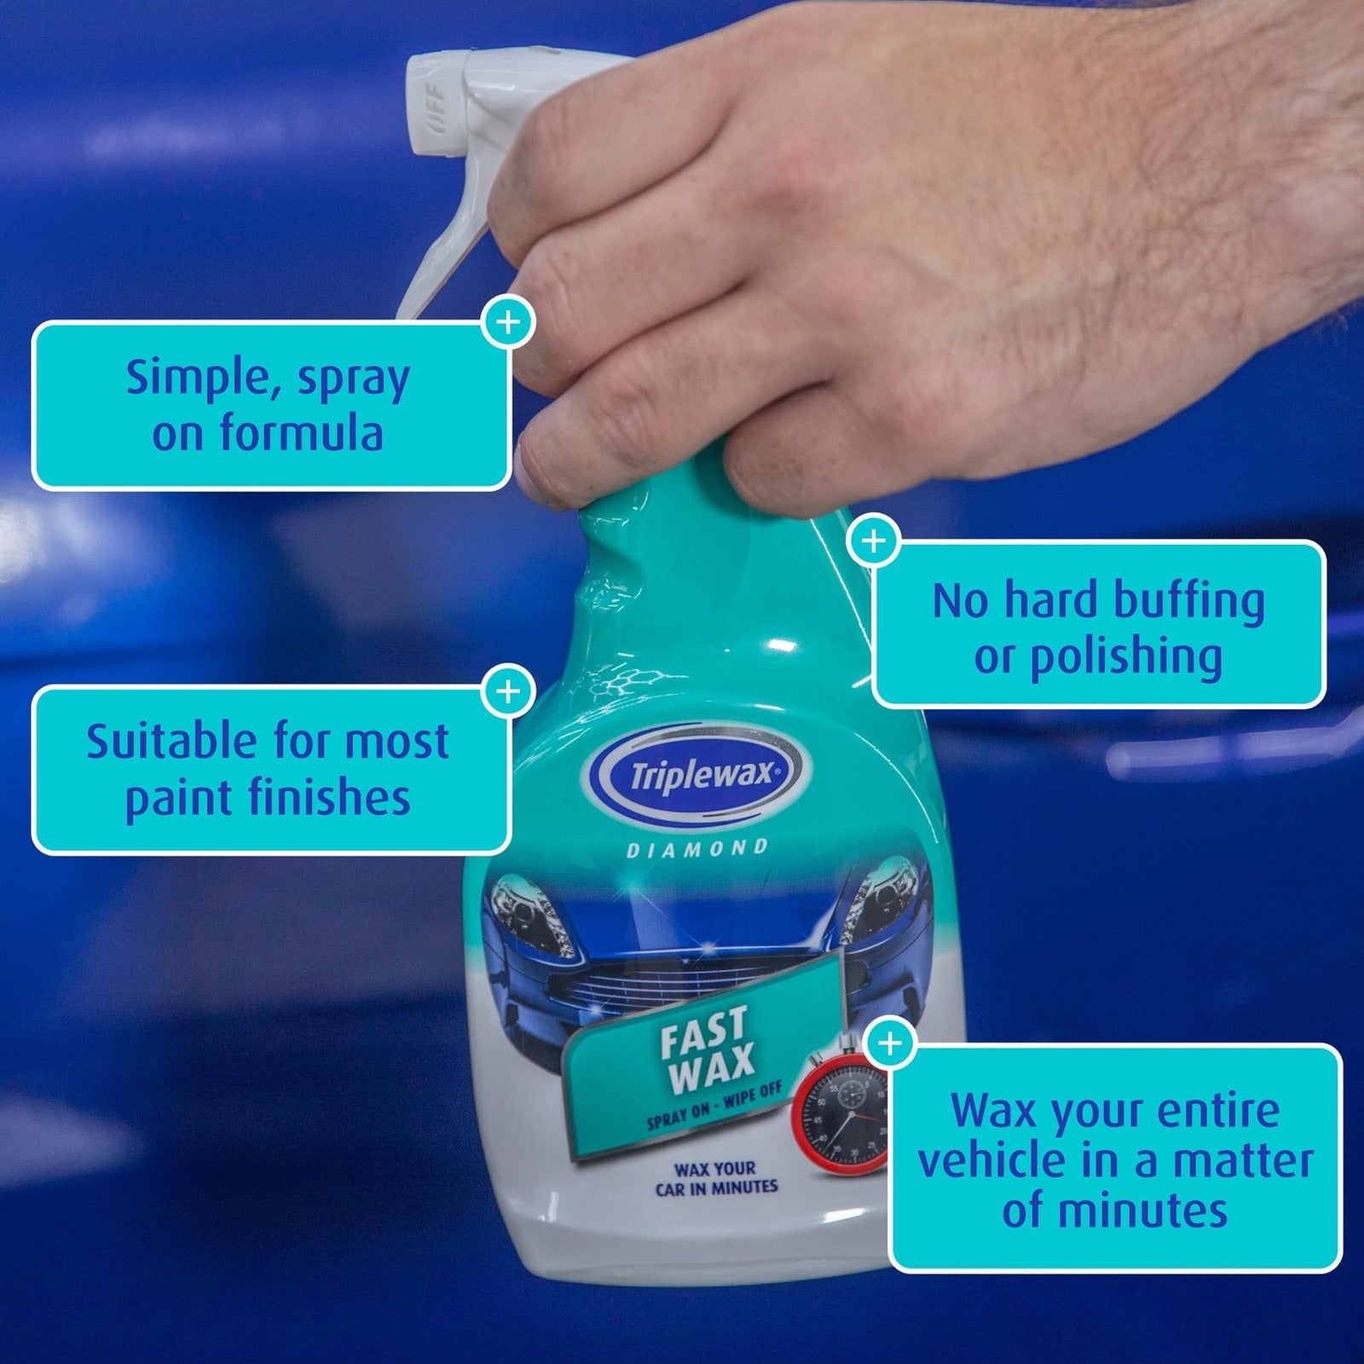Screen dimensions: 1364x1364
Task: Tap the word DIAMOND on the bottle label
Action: coord(697,849)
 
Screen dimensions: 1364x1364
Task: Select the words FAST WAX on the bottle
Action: coord(708,1049)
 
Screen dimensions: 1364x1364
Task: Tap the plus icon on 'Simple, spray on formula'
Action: coord(508,322)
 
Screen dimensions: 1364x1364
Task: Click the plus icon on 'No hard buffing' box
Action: coord(873,540)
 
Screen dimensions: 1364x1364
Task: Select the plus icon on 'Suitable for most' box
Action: coord(508,690)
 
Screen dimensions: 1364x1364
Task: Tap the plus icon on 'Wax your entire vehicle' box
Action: coord(889,1043)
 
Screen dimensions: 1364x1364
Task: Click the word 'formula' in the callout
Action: coord(302,432)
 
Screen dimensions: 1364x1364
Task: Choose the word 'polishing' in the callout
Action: coord(1126,657)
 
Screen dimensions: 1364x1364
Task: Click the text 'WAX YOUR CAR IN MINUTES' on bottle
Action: coord(716,1178)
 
